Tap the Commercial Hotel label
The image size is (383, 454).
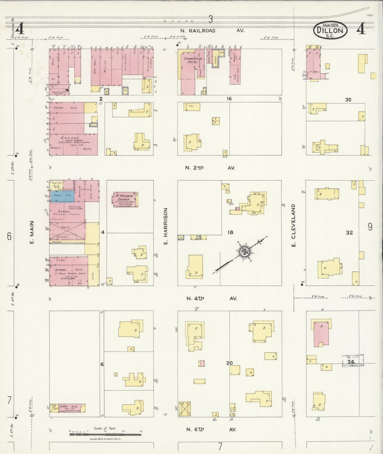(x=193, y=60)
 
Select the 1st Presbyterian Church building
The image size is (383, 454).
(x=124, y=199)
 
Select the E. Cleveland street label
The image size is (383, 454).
(x=293, y=225)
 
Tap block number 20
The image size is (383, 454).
(x=229, y=363)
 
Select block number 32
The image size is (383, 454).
(x=349, y=233)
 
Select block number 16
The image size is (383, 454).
(x=229, y=99)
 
